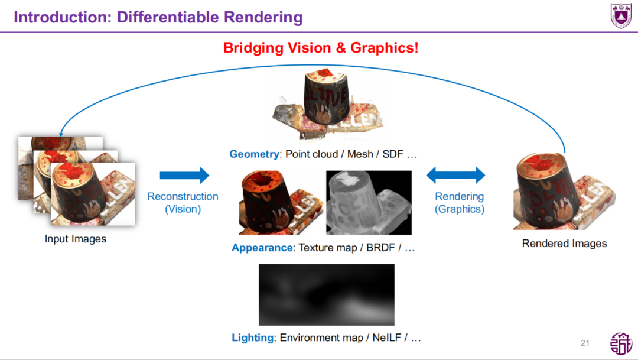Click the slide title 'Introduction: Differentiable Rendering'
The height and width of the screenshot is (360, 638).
pyautogui.click(x=158, y=17)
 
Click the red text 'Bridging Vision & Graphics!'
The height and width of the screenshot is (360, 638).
pyautogui.click(x=321, y=48)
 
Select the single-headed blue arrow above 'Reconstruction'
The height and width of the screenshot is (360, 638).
pyautogui.click(x=184, y=175)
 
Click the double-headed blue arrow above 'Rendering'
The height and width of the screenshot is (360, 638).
pyautogui.click(x=455, y=175)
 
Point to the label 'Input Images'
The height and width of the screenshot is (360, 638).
pyautogui.click(x=76, y=239)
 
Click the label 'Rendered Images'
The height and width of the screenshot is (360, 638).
pyautogui.click(x=564, y=244)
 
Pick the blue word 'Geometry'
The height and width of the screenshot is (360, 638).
pyautogui.click(x=254, y=154)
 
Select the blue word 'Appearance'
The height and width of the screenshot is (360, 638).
pyautogui.click(x=262, y=248)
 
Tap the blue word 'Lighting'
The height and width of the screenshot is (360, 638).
pyautogui.click(x=253, y=338)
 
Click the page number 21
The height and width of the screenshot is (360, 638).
pyautogui.click(x=585, y=343)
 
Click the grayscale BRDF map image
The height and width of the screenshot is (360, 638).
pyautogui.click(x=369, y=203)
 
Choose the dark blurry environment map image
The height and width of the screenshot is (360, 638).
pyautogui.click(x=326, y=294)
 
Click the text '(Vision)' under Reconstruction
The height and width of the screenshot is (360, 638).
pyautogui.click(x=183, y=209)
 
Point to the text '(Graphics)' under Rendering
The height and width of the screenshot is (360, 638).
pyautogui.click(x=459, y=209)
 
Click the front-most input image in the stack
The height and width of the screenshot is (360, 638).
pyautogui.click(x=93, y=194)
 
